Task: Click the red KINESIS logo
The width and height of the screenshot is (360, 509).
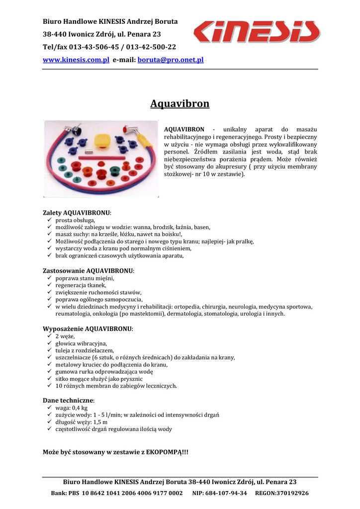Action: [x=256, y=31]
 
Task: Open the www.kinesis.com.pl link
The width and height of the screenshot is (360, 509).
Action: [x=76, y=60]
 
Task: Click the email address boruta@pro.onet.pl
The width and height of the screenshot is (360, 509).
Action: [x=171, y=60]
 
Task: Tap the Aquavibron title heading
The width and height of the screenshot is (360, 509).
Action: [x=180, y=104]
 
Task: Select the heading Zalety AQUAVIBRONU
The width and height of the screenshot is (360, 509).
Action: [x=77, y=213]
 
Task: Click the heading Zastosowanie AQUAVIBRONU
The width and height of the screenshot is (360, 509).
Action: [x=89, y=271]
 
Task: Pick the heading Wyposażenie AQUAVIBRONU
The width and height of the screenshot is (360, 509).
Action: [x=88, y=329]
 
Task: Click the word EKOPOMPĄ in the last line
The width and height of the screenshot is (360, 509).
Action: [x=164, y=452]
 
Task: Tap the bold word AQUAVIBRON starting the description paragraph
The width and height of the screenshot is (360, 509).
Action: [x=184, y=129]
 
